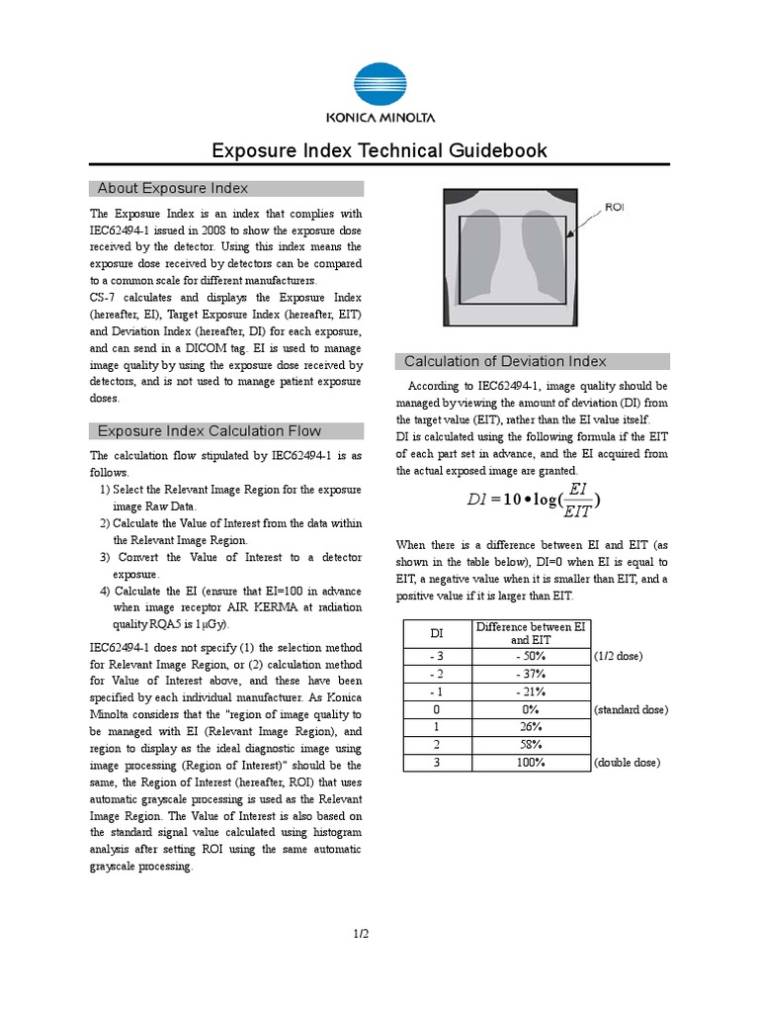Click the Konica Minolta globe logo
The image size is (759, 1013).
(379, 85)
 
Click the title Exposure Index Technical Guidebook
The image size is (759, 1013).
(379, 150)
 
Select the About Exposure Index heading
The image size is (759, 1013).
(173, 188)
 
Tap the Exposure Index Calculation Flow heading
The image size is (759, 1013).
(209, 430)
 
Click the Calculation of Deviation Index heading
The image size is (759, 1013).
(505, 361)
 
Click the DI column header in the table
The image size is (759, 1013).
(436, 633)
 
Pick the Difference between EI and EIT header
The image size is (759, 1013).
(531, 633)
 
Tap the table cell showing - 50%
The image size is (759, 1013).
(531, 657)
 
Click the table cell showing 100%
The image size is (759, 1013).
(531, 763)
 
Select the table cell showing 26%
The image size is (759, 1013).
(531, 727)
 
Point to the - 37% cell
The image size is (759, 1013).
(531, 675)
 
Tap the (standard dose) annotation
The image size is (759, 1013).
(632, 709)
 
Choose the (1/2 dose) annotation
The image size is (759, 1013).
(619, 657)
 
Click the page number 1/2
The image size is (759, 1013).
(362, 933)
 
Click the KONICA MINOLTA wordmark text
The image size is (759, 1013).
(379, 118)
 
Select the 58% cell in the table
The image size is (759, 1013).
(531, 745)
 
